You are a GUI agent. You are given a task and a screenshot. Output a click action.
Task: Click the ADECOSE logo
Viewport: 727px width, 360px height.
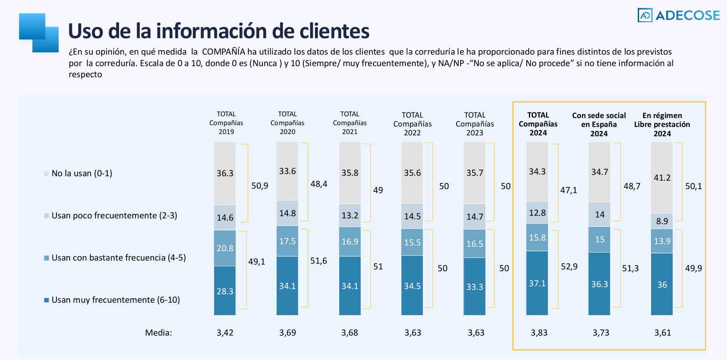(x=678, y=15)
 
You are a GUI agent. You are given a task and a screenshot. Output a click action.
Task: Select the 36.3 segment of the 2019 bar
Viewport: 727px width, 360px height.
(x=225, y=173)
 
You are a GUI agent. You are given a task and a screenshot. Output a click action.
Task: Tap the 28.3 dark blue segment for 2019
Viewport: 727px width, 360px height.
(x=225, y=291)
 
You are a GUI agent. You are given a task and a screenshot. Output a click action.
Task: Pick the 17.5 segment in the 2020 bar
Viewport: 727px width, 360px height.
(x=287, y=241)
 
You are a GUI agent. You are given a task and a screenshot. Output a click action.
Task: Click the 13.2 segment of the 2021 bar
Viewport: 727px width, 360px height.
(x=350, y=216)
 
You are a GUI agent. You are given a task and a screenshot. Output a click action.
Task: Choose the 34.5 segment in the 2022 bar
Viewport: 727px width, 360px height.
(x=412, y=286)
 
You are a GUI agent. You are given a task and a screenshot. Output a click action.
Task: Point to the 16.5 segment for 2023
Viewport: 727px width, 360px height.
(x=475, y=244)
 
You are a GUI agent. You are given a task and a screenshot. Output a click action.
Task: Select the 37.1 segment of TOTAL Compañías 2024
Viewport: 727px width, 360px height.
(x=537, y=283)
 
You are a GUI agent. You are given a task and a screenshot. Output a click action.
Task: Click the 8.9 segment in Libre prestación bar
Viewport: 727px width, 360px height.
(x=662, y=221)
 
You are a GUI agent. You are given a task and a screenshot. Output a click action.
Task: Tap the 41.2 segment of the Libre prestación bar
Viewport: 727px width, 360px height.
(x=662, y=178)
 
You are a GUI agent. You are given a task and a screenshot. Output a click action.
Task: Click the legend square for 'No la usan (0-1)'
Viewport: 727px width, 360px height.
(x=47, y=174)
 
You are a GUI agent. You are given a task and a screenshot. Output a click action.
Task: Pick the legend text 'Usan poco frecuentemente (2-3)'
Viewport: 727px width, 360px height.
(x=114, y=216)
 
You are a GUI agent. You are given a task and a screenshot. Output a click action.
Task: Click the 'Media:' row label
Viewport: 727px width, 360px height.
(x=159, y=332)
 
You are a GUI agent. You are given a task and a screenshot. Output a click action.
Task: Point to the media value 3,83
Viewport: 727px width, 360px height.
(x=539, y=332)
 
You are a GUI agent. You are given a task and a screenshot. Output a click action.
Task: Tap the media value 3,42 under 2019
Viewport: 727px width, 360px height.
(x=225, y=332)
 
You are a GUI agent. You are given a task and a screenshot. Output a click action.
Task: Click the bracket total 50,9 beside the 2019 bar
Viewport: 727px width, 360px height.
(x=260, y=186)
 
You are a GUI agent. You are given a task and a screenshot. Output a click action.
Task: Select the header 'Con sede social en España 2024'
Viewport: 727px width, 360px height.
(x=599, y=124)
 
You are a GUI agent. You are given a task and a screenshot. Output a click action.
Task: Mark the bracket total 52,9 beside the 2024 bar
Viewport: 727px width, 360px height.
(x=569, y=266)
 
